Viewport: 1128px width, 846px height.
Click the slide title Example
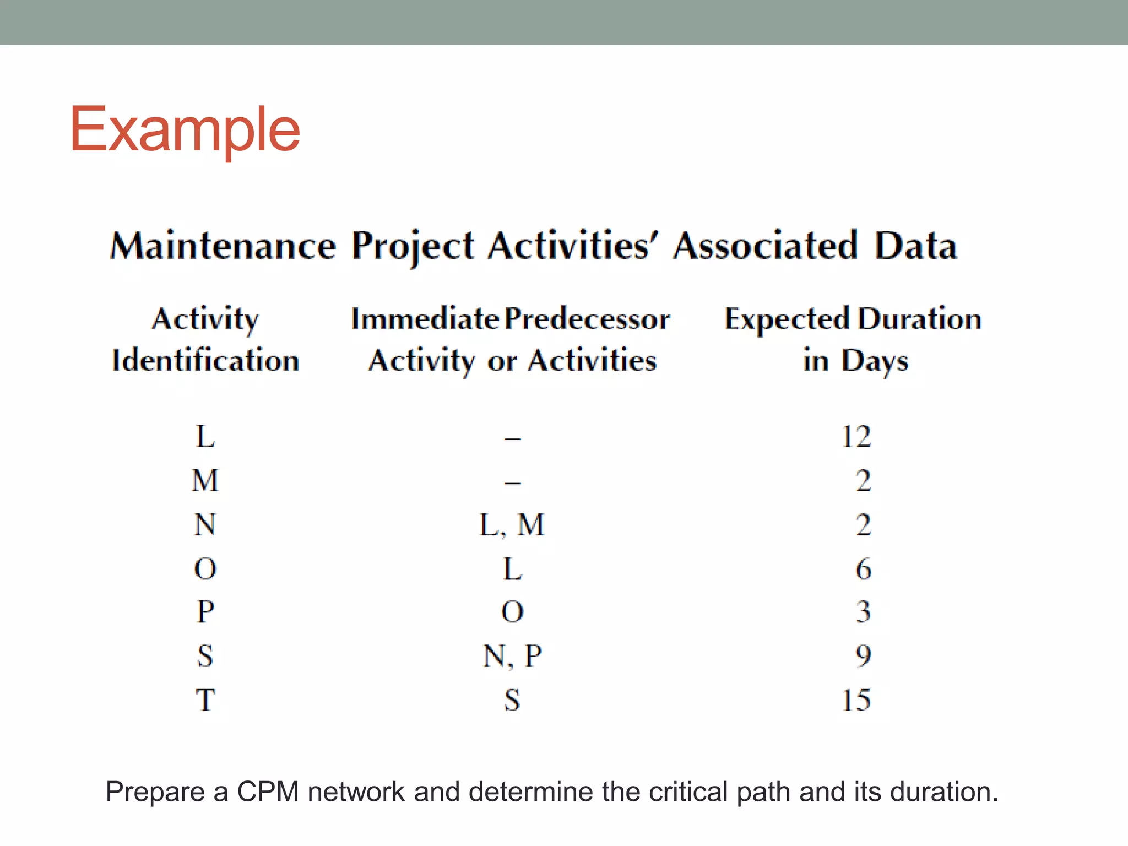(x=185, y=129)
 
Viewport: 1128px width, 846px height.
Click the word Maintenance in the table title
(x=223, y=246)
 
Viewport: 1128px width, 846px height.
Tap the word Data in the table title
(x=915, y=246)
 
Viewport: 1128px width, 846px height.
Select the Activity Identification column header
(x=205, y=339)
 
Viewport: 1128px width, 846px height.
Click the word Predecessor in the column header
(x=588, y=319)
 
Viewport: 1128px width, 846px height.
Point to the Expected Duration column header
(x=853, y=319)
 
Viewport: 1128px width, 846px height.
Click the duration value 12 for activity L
(x=856, y=437)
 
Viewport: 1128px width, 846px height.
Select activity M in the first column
(x=205, y=480)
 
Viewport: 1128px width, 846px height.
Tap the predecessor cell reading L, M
(x=512, y=524)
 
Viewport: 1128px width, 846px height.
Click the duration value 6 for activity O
(x=863, y=568)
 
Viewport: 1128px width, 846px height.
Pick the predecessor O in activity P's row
(x=512, y=612)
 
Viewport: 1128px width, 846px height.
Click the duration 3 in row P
(x=863, y=612)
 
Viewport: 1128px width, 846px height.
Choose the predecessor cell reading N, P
(x=512, y=656)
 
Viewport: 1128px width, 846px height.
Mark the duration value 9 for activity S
(x=863, y=656)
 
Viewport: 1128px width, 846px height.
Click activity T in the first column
(x=205, y=700)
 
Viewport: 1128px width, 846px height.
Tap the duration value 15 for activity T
(x=856, y=700)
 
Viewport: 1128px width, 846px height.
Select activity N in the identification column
(x=205, y=524)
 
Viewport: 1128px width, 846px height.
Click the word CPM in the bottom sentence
(x=268, y=792)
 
